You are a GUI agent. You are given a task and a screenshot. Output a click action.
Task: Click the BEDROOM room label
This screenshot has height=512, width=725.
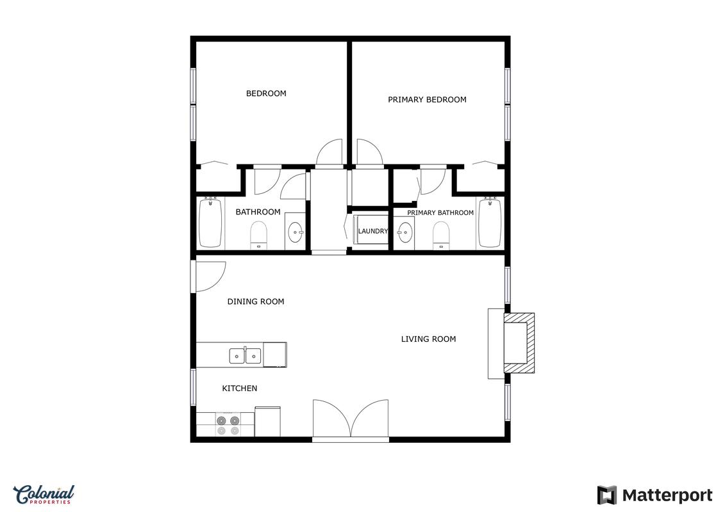[x=266, y=93]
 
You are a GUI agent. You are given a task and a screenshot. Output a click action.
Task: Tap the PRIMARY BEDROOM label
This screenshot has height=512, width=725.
[x=427, y=99]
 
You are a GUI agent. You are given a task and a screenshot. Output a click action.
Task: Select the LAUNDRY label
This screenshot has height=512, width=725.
[x=372, y=231]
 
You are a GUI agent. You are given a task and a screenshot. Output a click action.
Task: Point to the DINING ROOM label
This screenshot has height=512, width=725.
[x=256, y=301]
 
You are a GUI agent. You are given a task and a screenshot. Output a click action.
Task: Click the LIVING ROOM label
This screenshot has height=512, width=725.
[x=428, y=339]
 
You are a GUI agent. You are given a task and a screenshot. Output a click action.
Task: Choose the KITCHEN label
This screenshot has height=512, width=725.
[x=240, y=388]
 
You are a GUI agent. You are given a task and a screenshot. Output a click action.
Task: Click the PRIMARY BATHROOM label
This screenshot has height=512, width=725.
[x=440, y=213]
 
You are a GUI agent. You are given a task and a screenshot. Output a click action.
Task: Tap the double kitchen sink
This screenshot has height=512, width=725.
[x=245, y=356]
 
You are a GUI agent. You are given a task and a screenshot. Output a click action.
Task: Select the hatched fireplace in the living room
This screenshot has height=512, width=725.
[x=519, y=343]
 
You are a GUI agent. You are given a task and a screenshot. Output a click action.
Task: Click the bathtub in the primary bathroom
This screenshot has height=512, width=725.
[x=490, y=223]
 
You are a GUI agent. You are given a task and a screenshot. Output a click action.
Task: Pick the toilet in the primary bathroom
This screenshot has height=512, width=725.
[x=442, y=236]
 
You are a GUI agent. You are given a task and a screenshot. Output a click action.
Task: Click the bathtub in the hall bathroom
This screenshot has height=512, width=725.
[x=210, y=223]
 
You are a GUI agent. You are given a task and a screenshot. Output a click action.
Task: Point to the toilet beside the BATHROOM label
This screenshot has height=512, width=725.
[x=259, y=236]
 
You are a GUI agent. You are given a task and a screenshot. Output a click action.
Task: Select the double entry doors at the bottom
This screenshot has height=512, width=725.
[x=351, y=419]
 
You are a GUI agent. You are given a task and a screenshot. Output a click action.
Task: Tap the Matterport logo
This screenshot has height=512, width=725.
[x=654, y=495]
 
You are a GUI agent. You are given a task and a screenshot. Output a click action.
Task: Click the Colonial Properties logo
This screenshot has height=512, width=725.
[x=44, y=495]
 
